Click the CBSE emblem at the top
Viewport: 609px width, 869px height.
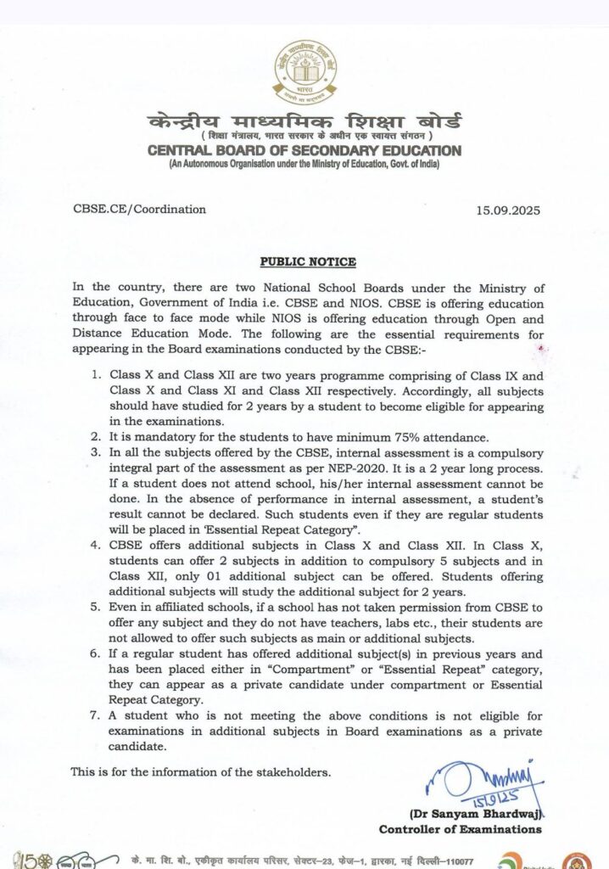304,72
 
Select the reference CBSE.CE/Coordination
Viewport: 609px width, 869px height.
138,209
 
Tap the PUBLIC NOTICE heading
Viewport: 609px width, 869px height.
307,262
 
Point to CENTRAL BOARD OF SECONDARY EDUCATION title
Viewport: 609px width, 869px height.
304,151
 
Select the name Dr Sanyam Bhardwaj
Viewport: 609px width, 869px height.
488,814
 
